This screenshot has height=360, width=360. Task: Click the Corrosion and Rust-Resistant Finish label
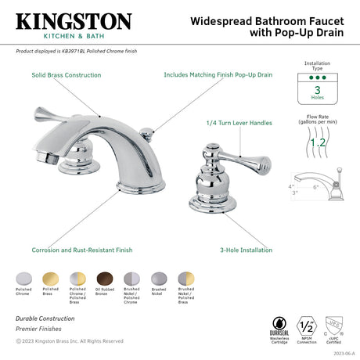click(x=82, y=250)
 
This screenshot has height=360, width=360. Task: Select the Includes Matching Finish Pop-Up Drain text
click(x=218, y=75)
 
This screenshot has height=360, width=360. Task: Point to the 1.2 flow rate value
click(x=317, y=143)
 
